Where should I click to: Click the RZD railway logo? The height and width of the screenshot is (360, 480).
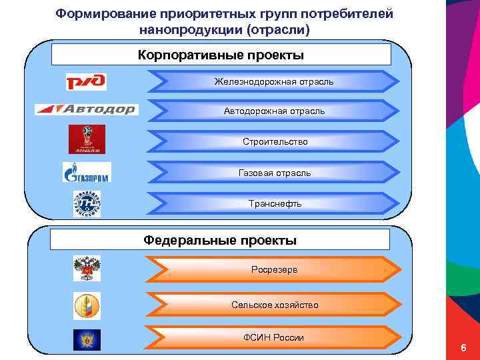click(x=86, y=82)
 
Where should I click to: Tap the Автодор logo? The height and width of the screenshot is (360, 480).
click(x=86, y=109)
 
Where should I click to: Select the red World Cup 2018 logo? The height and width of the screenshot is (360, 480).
click(x=87, y=139)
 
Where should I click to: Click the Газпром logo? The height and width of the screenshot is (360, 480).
click(x=87, y=173)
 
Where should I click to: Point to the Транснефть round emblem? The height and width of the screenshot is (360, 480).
click(x=87, y=203)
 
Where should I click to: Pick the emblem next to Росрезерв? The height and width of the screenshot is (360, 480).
click(x=87, y=268)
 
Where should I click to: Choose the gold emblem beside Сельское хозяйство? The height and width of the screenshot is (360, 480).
click(x=87, y=305)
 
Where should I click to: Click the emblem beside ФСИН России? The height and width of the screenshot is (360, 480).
click(x=87, y=339)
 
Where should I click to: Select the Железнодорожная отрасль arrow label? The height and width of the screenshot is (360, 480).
click(x=274, y=81)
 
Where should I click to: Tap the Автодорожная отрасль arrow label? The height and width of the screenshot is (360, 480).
click(x=274, y=111)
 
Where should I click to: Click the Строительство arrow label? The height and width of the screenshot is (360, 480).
click(x=274, y=142)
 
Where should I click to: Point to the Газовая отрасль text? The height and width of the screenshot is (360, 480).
click(x=274, y=173)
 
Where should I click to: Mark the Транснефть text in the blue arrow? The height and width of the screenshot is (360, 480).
click(x=274, y=203)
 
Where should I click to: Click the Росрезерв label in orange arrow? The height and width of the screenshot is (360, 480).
click(x=274, y=270)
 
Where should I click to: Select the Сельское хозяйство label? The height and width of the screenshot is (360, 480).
click(x=274, y=305)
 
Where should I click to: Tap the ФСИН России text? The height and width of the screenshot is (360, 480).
click(x=274, y=338)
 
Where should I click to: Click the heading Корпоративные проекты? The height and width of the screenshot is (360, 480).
click(x=221, y=55)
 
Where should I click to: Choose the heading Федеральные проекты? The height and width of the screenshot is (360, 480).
click(x=220, y=240)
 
